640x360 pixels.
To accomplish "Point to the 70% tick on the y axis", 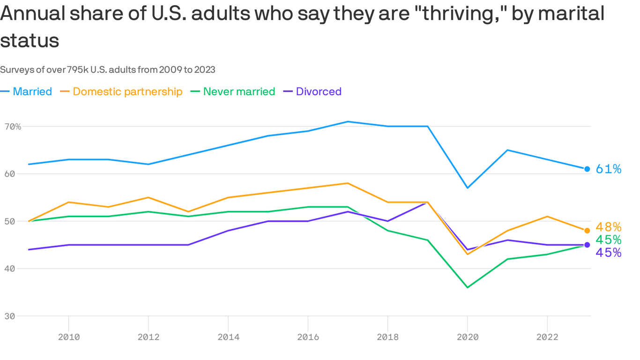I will tap(12, 127).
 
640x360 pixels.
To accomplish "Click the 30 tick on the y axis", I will tap(9, 316).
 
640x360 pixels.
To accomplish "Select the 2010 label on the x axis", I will tap(69, 337).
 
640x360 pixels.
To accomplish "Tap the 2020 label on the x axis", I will tap(467, 337).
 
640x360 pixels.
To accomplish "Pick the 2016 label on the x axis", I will tap(308, 337).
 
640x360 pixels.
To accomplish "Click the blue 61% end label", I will tap(608, 169).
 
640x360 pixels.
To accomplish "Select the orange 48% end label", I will tap(608, 227).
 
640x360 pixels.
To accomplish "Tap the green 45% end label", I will tap(608, 240).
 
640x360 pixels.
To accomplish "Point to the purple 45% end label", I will tap(608, 253).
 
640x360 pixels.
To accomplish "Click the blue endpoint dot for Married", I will tap(587, 169).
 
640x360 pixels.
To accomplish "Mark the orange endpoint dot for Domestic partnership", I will tap(587, 231).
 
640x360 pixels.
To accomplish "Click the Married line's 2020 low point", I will tap(467, 188).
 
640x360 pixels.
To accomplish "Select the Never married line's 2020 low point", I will tap(467, 287).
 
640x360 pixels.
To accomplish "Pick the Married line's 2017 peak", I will tap(348, 121).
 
